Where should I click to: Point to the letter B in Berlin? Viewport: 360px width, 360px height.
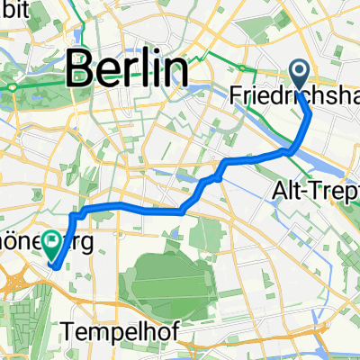click(78, 68)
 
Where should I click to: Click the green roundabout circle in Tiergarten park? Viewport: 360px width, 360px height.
click(13, 86)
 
